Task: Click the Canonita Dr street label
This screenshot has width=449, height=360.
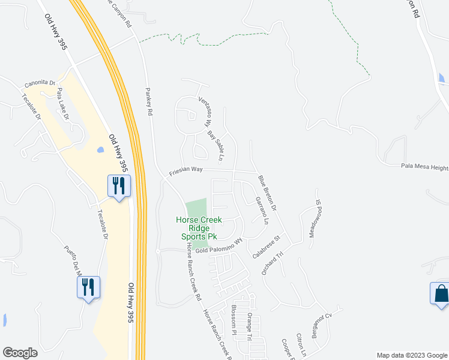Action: click(40, 83)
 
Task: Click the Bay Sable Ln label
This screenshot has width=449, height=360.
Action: click(215, 147)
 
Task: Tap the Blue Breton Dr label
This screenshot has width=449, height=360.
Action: click(267, 193)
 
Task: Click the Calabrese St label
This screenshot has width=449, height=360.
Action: click(267, 247)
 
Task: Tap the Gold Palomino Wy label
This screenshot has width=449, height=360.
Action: click(214, 246)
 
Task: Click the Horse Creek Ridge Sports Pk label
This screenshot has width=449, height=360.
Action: click(199, 228)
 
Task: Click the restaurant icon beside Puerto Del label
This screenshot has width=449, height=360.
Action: click(88, 287)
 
